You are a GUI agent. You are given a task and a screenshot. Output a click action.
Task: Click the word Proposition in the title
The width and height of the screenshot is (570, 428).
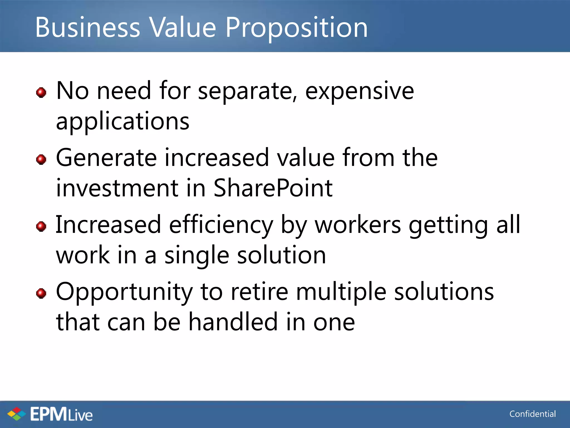click(x=296, y=28)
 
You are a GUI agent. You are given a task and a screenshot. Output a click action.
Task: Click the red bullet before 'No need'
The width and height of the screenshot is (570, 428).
click(x=41, y=92)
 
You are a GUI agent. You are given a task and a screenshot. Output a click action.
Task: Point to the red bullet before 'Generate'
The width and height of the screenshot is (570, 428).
click(x=41, y=159)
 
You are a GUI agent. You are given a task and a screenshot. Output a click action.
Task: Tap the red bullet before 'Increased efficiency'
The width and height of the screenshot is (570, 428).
click(x=41, y=226)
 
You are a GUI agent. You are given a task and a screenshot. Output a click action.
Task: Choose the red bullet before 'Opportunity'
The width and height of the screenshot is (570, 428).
click(x=41, y=293)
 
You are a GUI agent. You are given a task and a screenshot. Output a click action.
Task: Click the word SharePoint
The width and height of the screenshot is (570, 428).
click(x=273, y=188)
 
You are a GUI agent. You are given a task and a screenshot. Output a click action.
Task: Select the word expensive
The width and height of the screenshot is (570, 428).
click(x=360, y=91)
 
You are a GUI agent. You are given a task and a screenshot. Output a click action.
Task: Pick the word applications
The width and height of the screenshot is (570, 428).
click(x=123, y=121)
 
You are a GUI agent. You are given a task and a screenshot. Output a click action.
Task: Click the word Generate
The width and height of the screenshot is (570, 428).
click(x=107, y=158)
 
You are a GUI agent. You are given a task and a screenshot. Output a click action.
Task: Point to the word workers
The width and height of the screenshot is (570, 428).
click(x=358, y=225)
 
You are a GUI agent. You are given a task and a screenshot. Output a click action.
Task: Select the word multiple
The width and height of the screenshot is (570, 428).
click(x=341, y=292)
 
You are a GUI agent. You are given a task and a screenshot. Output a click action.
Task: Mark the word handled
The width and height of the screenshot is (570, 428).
click(x=233, y=322)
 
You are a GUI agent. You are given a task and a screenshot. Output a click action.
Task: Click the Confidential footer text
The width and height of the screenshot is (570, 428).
click(x=532, y=414)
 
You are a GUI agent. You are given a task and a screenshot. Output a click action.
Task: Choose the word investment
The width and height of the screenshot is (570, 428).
click(x=117, y=188)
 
